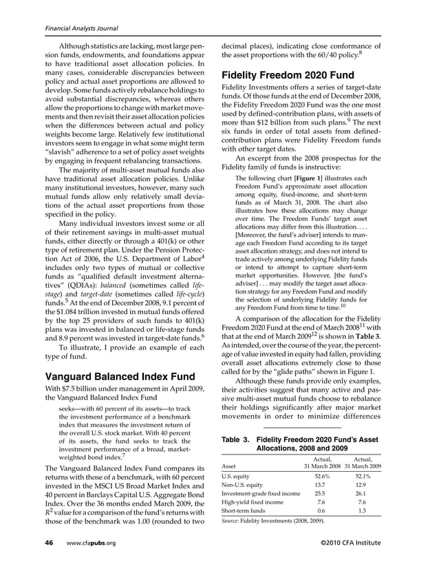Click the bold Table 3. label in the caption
(237, 439)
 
